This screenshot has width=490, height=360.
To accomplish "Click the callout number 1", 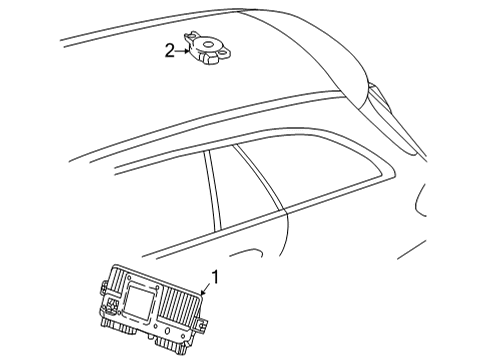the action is pos(216,277).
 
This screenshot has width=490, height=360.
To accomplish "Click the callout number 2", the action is pos(170,51).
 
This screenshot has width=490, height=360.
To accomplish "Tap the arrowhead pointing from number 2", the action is pos(187,51).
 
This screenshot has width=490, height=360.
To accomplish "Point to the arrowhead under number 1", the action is pos(203,292).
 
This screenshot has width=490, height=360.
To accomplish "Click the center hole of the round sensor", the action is pos(209,44).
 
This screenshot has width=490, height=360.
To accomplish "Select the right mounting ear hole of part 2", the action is pos(225,52).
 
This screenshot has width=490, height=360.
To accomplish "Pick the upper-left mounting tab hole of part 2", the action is pos(191,34).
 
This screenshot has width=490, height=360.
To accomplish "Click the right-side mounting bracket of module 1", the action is pos(202,325).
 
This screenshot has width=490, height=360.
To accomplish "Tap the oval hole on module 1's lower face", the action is pos(167,331).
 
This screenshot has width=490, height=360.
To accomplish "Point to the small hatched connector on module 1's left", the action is pos(110,304).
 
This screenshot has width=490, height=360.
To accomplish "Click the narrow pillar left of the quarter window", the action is pos(213,190).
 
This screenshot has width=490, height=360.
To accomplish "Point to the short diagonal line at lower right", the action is pos(411,249).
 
